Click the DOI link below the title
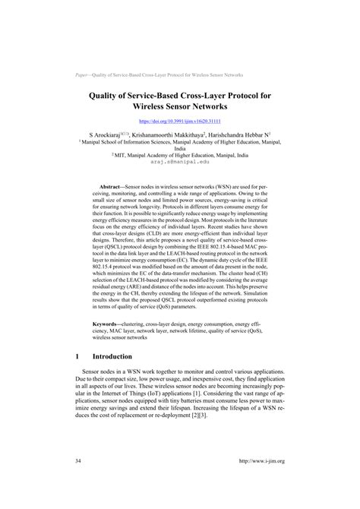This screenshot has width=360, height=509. (x=179, y=121)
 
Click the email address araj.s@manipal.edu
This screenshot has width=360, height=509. (x=180, y=162)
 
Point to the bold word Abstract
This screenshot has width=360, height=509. (x=125, y=185)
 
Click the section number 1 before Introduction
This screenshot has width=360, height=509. (x=78, y=356)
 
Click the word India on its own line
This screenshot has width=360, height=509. (x=180, y=148)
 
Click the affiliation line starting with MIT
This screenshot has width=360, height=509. (x=180, y=155)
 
